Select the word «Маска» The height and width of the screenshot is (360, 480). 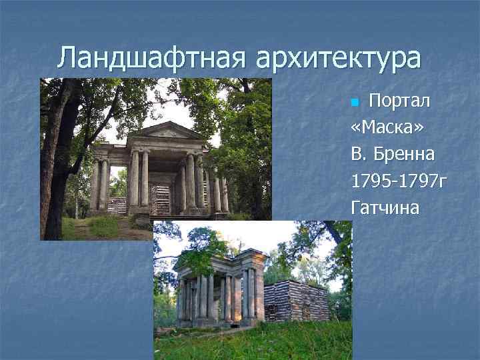click(383, 129)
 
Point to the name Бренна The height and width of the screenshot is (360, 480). click(405, 155)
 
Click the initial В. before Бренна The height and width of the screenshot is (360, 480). click(359, 155)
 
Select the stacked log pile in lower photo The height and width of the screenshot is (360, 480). click(296, 301)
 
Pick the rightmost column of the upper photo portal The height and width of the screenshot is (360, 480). click(225, 191)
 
